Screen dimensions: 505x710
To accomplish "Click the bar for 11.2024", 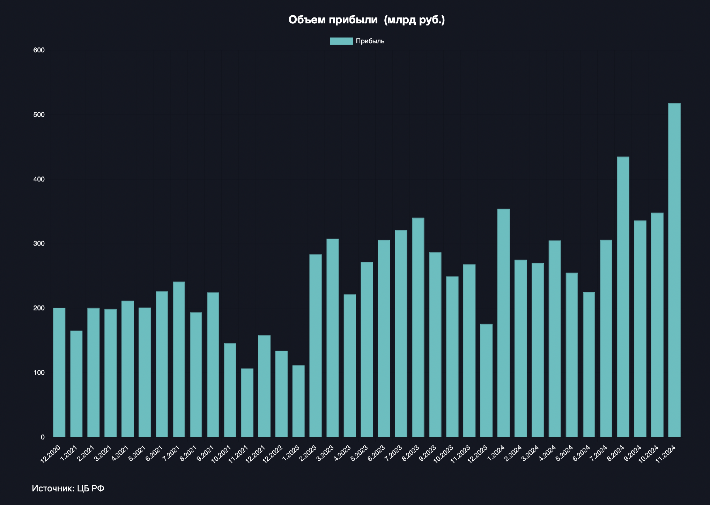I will [x=674, y=270].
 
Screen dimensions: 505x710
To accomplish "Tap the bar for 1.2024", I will [x=503, y=323].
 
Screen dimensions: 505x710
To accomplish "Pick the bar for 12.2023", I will [x=486, y=380].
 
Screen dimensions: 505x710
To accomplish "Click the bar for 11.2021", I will [x=247, y=403].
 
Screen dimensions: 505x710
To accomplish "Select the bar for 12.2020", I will [x=59, y=372].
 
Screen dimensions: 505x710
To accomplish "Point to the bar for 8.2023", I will [x=418, y=327].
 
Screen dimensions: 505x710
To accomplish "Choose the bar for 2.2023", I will [x=316, y=346].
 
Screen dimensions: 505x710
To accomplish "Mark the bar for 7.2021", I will [x=179, y=359].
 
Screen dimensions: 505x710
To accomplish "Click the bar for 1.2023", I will [x=298, y=401].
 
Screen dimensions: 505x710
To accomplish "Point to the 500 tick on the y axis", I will [x=39, y=115].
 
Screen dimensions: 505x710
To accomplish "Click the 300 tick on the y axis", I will [x=39, y=243].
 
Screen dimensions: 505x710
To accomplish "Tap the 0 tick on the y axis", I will [x=43, y=437].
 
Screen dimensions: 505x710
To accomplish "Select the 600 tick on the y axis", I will [x=39, y=50].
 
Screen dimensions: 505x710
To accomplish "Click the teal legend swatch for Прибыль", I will [x=341, y=41].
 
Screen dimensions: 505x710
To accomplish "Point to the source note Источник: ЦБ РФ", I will [x=68, y=488].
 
